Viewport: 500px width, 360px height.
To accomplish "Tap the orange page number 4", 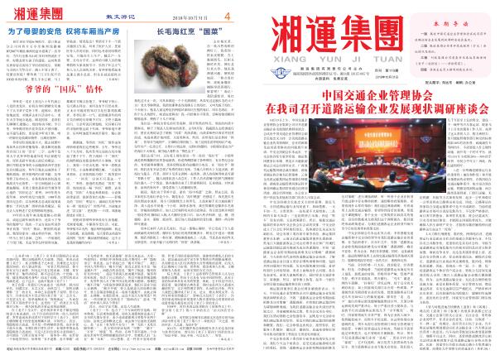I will click(228, 15).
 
